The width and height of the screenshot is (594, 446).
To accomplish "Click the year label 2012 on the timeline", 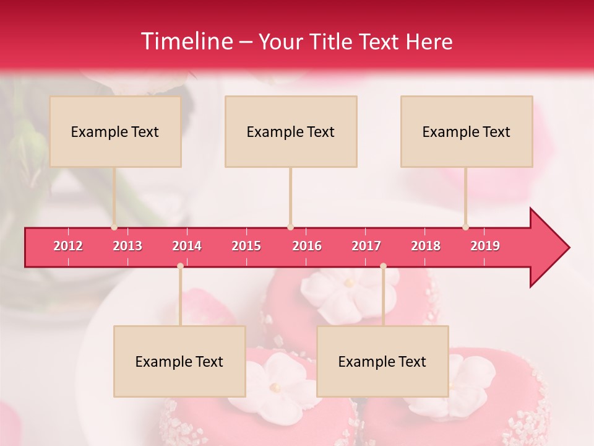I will [68, 246].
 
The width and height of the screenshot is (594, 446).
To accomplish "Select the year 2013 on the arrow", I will [127, 246].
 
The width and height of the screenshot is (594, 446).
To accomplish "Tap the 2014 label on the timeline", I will [187, 246].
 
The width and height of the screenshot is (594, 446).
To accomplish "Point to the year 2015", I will [246, 246].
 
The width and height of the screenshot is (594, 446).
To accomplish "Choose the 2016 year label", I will [307, 246].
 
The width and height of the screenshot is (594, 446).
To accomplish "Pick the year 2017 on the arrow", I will [366, 246].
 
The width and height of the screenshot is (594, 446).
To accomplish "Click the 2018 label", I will [426, 246].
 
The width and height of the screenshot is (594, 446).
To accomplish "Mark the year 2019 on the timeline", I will [485, 246].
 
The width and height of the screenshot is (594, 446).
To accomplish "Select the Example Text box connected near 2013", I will [115, 131].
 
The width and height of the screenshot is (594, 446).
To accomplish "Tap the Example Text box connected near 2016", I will [291, 131].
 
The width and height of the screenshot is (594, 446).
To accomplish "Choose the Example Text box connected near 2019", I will [467, 131].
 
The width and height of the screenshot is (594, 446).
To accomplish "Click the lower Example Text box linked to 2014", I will [179, 361].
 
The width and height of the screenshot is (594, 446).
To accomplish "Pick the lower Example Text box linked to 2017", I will [382, 361].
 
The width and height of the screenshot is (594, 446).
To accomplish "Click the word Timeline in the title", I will [186, 42].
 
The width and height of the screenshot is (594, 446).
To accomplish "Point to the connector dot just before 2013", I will [114, 227].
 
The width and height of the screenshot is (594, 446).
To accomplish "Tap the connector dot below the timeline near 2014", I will [180, 266].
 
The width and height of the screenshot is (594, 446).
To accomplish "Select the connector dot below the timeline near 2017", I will [383, 266].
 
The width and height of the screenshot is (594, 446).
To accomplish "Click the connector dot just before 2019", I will [465, 227].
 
